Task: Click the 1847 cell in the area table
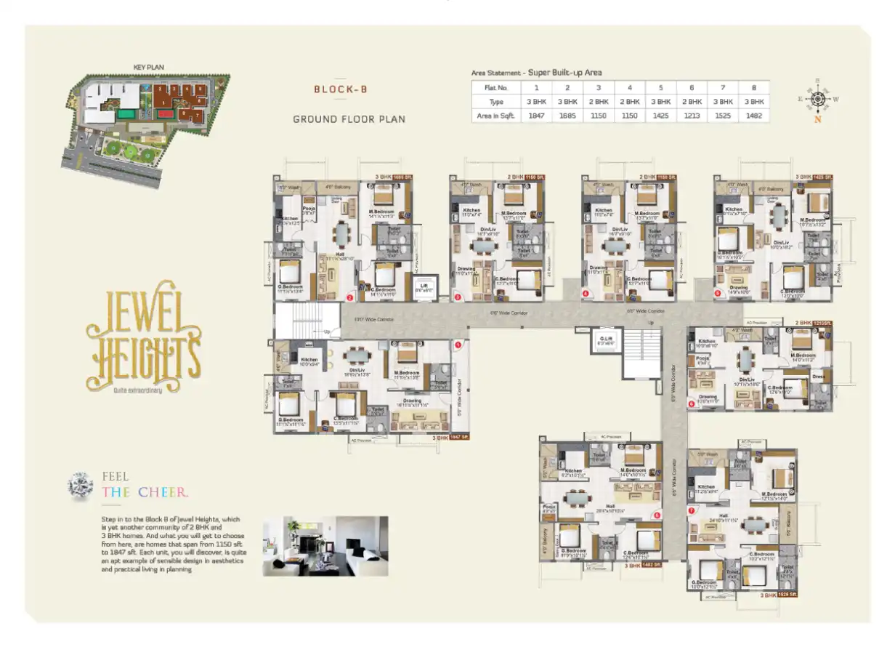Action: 537,115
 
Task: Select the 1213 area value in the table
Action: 691,115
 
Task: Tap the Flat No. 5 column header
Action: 660,87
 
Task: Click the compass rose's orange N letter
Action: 817,121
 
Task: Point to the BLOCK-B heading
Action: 340,89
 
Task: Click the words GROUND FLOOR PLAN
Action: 349,118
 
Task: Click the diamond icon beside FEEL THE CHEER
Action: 80,486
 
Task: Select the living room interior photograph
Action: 325,546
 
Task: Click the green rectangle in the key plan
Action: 126,114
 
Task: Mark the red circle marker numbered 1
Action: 458,346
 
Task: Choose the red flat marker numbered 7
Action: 692,510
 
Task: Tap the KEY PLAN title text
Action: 148,67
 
